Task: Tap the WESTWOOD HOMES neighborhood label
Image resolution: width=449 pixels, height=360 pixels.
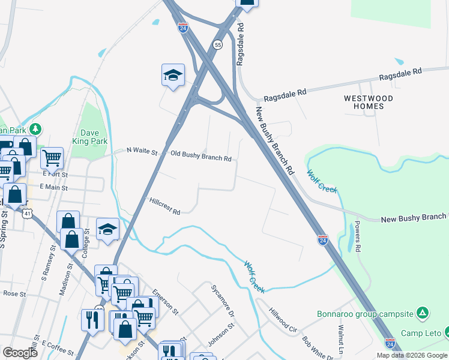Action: (x=369, y=102)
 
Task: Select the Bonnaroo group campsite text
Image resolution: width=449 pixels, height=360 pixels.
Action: (x=366, y=314)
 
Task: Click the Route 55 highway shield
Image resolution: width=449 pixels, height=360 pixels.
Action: (x=218, y=44)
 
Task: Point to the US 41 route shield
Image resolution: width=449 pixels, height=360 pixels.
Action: (x=25, y=212)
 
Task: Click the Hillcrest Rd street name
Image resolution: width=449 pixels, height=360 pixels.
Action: (x=165, y=206)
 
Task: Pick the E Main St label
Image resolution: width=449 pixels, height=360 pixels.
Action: (x=52, y=187)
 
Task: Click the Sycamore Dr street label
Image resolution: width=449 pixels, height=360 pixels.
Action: (x=222, y=308)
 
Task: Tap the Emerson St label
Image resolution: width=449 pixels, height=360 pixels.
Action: (x=166, y=302)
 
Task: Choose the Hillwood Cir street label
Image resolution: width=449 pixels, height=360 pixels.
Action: (x=283, y=321)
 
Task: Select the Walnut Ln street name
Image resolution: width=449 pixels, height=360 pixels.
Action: (x=342, y=339)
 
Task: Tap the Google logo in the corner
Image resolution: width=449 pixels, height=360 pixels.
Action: (x=19, y=353)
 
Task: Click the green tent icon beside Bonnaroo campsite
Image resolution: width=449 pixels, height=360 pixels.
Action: (x=423, y=313)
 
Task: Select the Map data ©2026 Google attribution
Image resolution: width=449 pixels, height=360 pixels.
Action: (x=412, y=355)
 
